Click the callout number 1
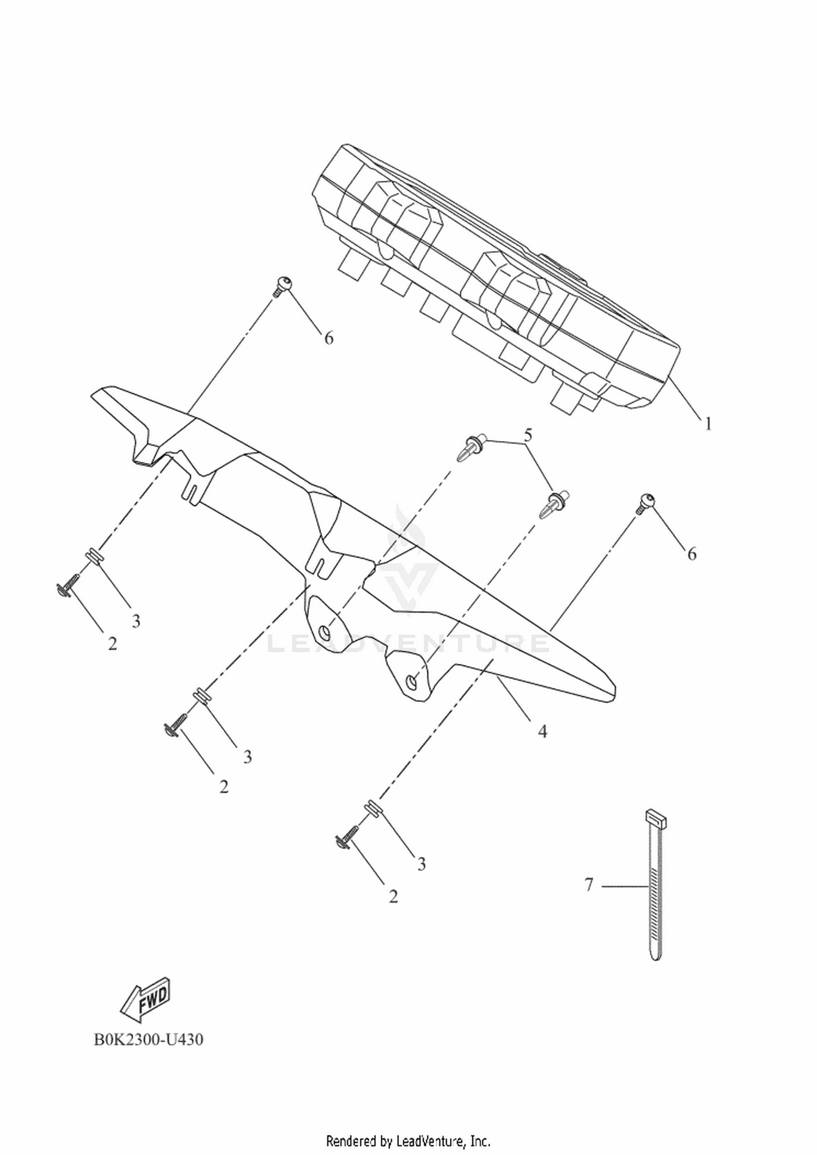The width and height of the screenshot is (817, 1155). [x=708, y=423]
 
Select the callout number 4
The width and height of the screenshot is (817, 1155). [x=542, y=731]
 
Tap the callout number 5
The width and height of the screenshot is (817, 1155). [x=527, y=435]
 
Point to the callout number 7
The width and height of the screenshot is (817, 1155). [x=588, y=884]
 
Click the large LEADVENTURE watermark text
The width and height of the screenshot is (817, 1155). [x=408, y=643]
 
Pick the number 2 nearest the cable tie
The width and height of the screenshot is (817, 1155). [x=393, y=896]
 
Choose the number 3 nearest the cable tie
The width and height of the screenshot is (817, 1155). [x=422, y=864]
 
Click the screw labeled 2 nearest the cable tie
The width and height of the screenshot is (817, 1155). [x=346, y=837]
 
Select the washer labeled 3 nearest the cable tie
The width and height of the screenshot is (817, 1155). [x=373, y=806]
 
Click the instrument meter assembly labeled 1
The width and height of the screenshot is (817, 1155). [x=496, y=275]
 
